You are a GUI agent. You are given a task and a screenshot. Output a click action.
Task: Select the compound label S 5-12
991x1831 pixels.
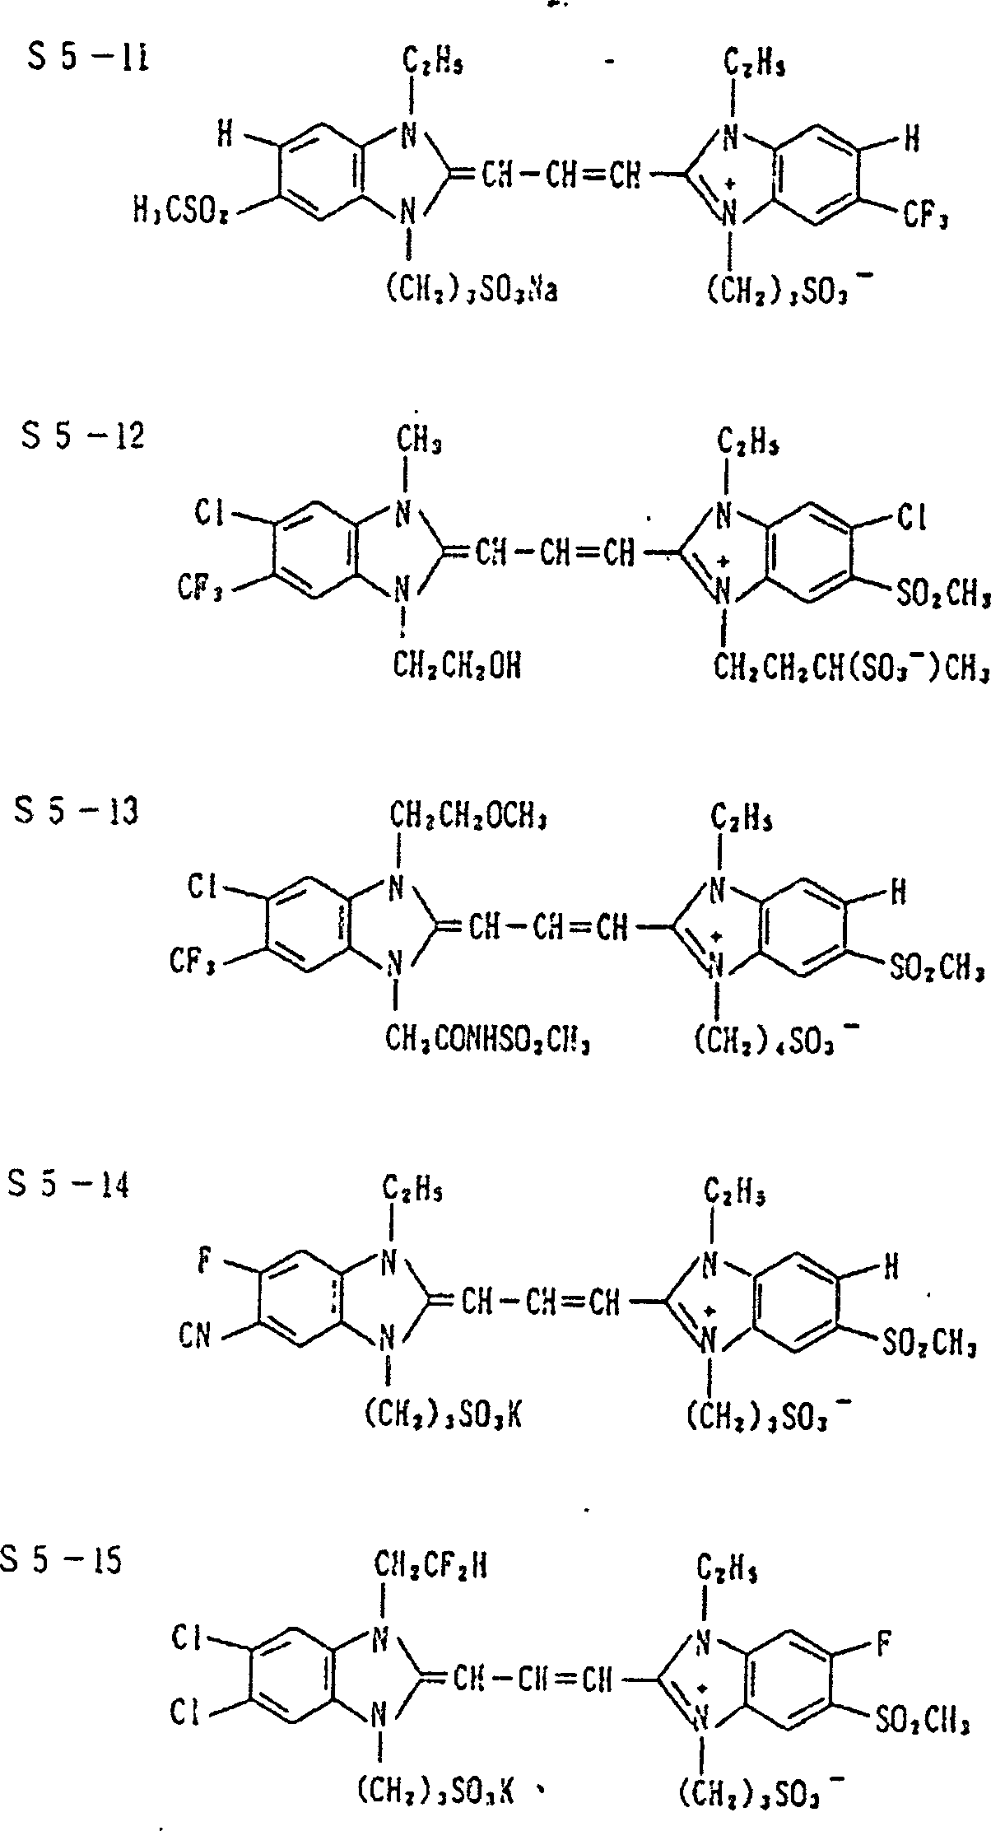click(82, 436)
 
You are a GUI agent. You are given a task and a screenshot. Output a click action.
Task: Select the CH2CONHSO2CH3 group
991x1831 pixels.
click(490, 1041)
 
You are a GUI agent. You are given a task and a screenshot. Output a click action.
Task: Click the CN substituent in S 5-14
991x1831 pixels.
click(194, 1335)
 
